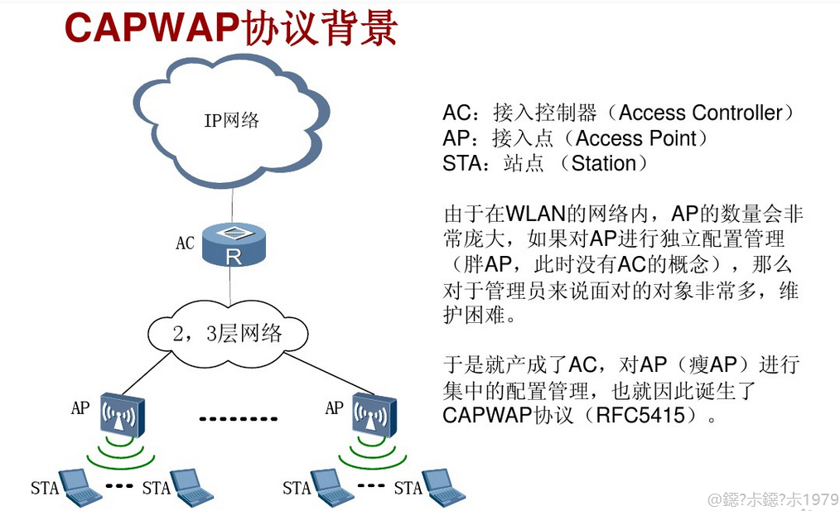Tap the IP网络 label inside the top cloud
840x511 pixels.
232,120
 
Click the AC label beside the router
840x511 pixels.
185,243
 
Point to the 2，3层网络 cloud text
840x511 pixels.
228,333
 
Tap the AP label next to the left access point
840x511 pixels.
80,407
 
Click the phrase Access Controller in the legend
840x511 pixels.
701,113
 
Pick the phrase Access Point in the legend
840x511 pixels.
636,138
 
